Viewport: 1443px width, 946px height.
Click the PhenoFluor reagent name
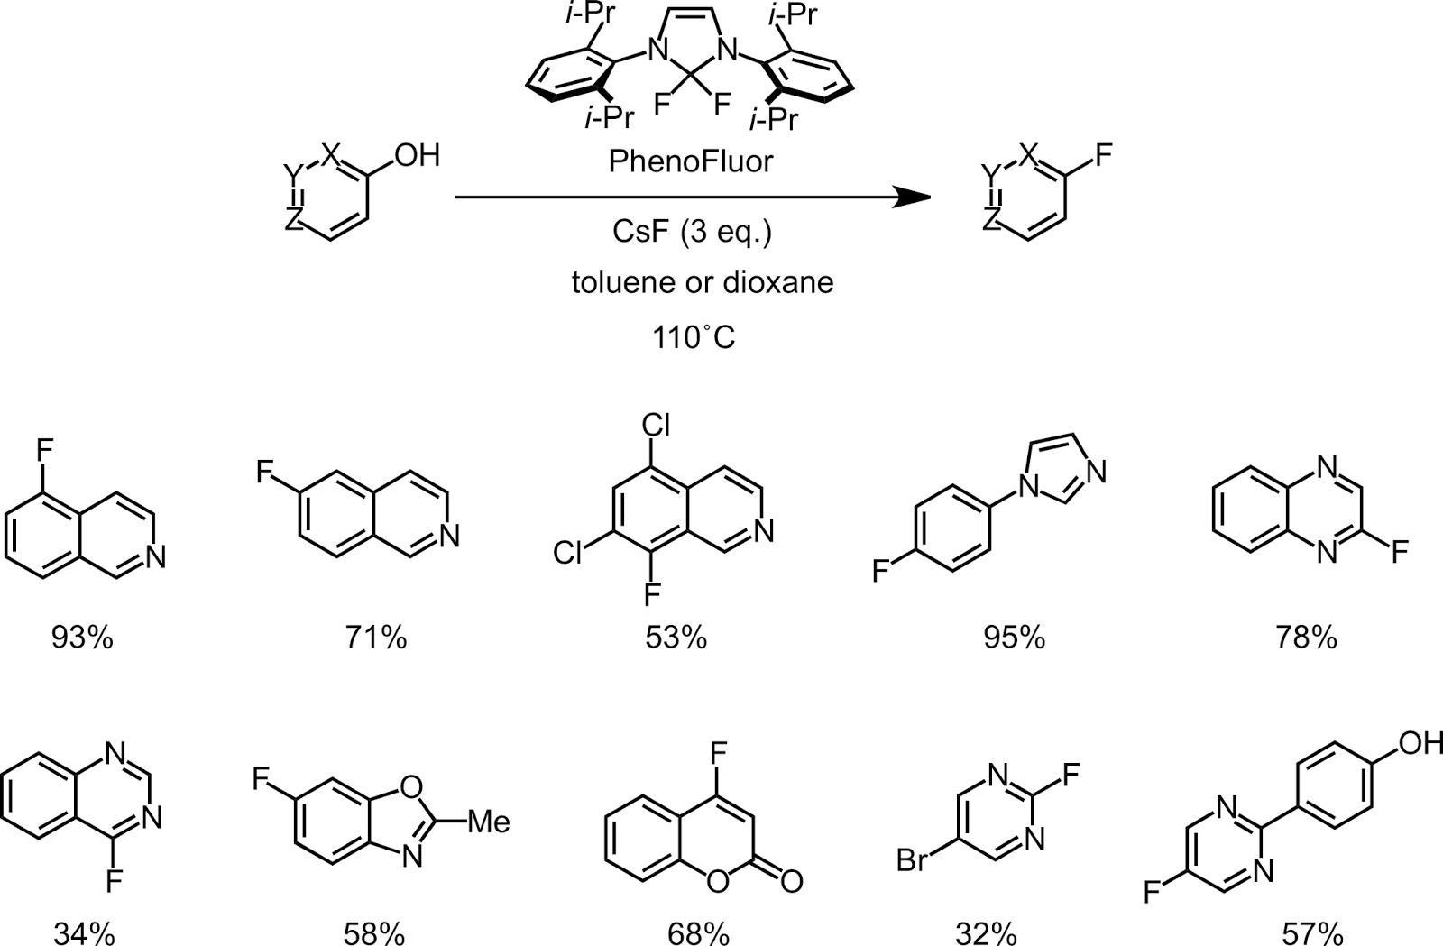pos(691,162)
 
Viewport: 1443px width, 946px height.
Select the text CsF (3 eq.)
pos(691,233)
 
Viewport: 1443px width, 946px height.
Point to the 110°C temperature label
pos(693,337)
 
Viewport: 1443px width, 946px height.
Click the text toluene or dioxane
pos(702,283)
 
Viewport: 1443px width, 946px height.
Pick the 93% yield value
pos(82,638)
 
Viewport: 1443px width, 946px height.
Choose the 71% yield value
pos(375,638)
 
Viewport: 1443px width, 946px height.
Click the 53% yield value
pos(676,638)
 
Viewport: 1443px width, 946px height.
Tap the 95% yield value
pos(1014,638)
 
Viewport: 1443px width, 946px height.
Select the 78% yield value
pos(1306,638)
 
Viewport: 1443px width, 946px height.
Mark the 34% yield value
pos(84,933)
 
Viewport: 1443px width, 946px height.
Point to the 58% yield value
pos(373,933)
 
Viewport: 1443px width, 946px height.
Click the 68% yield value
pos(698,933)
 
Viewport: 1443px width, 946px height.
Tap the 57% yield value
pos(1312,933)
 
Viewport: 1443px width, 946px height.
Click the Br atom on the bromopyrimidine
pos(915,862)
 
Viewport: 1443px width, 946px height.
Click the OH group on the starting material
pos(415,155)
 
